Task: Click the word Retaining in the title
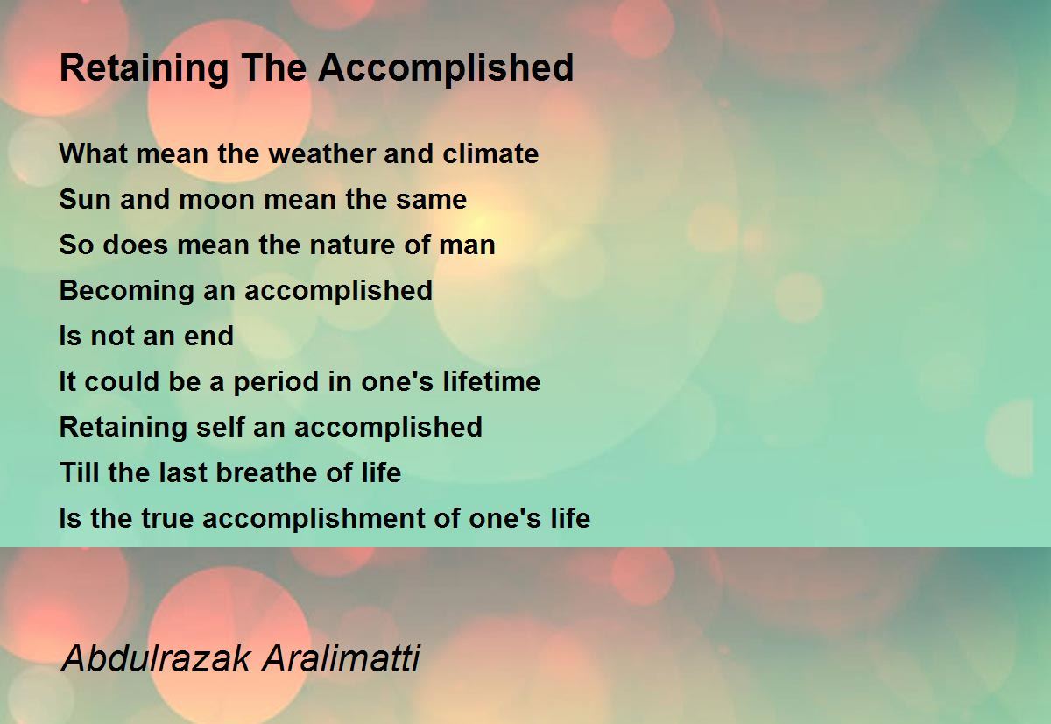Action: coord(144,69)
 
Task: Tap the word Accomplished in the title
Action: coord(446,69)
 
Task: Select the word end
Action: coord(208,336)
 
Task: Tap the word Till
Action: coord(80,472)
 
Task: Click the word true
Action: coord(167,518)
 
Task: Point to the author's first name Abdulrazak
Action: coord(156,658)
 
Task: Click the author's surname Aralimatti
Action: coord(341,658)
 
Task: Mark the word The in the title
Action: coord(273,67)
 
